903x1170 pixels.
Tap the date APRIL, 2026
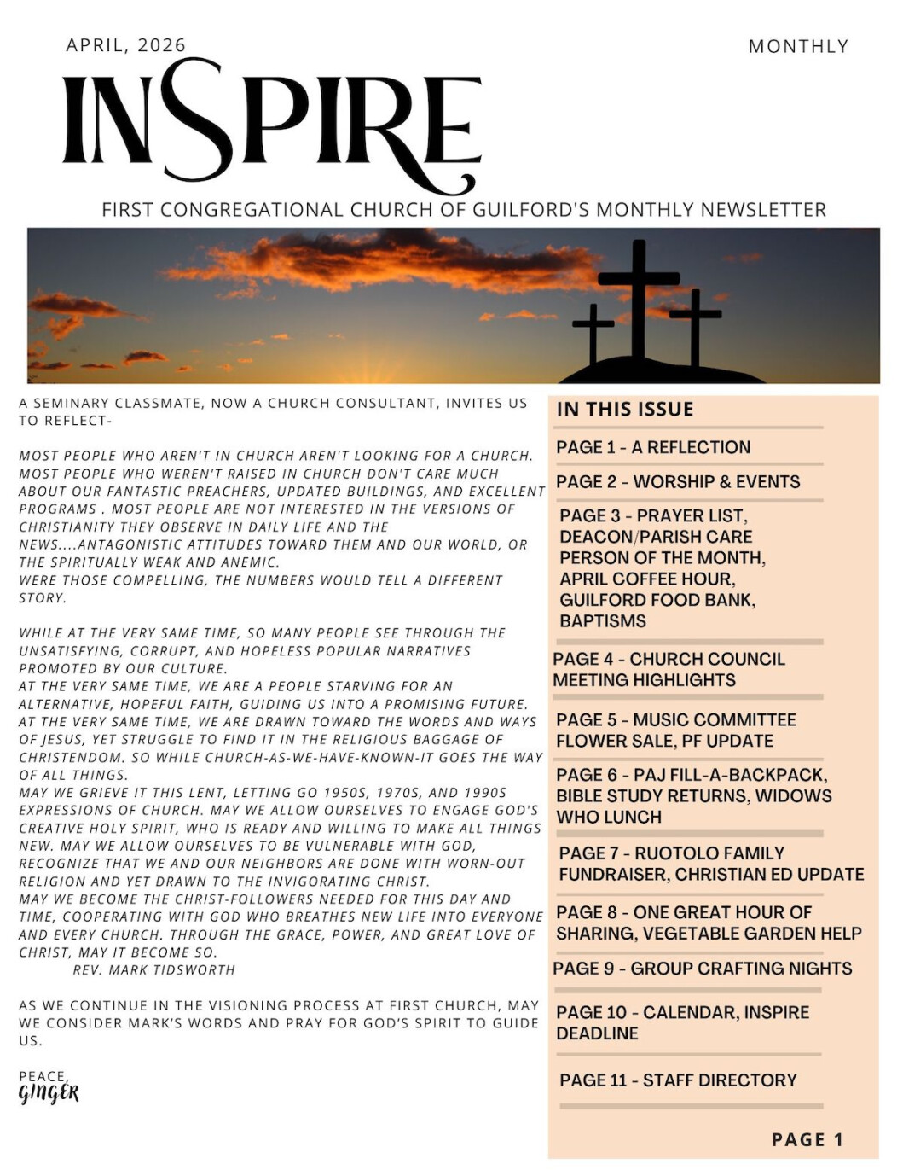[125, 45]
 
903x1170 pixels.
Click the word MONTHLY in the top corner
[798, 46]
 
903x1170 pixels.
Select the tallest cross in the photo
[639, 299]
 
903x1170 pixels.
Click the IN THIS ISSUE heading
[625, 410]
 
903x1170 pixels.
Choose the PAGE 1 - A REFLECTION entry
[653, 447]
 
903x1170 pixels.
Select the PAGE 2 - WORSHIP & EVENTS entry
[678, 482]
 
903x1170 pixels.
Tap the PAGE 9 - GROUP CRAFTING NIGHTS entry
[703, 969]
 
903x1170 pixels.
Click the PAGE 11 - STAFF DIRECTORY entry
[678, 1080]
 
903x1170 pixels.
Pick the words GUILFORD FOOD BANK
[657, 600]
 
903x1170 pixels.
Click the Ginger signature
[49, 1093]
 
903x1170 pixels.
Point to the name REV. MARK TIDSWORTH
[153, 970]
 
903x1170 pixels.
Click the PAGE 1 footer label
[807, 1140]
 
